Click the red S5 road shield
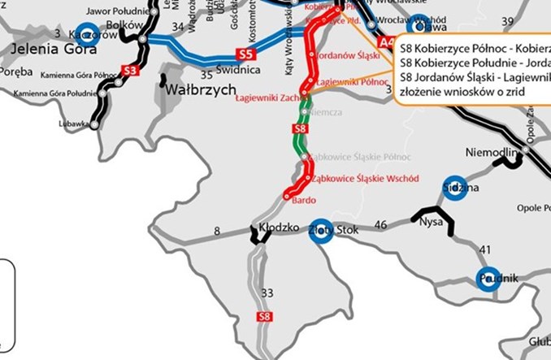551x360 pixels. [x=245, y=54]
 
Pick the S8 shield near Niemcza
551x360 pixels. [x=299, y=128]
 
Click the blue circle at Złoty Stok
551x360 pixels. [x=321, y=229]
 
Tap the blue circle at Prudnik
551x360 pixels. [x=488, y=278]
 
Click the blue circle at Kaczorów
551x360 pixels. [x=86, y=33]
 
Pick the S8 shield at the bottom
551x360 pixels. [x=263, y=316]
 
